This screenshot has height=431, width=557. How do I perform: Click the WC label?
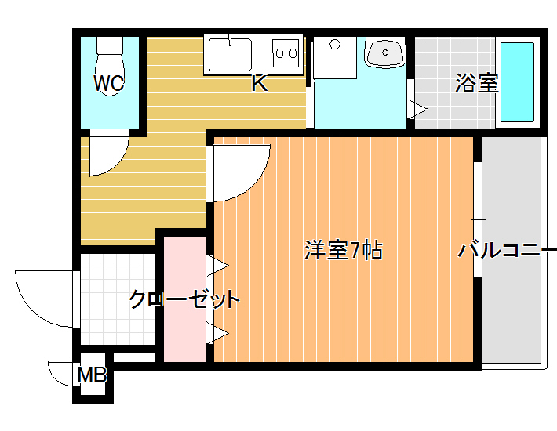[x=109, y=83]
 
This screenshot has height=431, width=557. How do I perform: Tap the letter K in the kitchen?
[x=260, y=83]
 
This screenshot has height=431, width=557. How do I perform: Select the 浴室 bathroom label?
[x=477, y=83]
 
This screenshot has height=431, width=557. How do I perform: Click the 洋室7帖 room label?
[x=344, y=251]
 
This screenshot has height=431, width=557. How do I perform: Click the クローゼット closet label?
[x=184, y=299]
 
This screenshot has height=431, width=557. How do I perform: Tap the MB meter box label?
[x=92, y=375]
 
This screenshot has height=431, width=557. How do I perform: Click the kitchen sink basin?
[x=230, y=55]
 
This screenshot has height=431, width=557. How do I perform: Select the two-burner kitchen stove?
[x=286, y=53]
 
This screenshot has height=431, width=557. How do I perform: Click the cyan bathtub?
[x=517, y=82]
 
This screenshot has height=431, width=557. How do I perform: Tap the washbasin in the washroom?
[x=385, y=53]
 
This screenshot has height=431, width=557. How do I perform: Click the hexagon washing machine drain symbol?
[x=335, y=45]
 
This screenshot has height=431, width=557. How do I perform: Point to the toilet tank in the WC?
[x=110, y=45]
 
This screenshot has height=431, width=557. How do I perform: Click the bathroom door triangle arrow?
[x=417, y=110]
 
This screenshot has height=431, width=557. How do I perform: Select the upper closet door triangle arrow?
[x=217, y=265]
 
